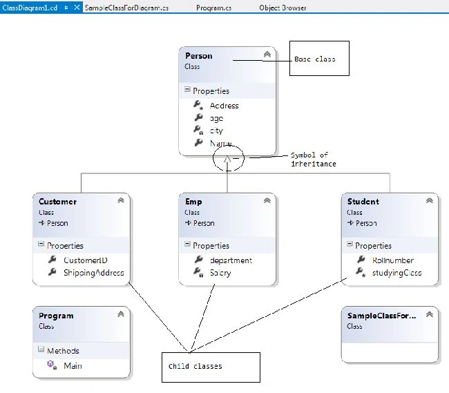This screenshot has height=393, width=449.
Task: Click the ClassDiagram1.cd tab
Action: click(30, 8)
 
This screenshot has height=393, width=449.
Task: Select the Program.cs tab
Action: click(213, 8)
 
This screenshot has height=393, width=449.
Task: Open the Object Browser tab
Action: click(283, 8)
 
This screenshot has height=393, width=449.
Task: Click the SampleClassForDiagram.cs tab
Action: click(126, 8)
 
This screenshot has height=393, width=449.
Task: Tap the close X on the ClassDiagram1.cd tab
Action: click(77, 8)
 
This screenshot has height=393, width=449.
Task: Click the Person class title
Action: click(199, 56)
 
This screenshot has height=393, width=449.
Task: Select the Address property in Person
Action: click(224, 106)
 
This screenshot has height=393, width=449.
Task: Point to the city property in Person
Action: click(216, 131)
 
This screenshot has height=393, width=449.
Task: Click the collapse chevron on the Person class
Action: click(267, 55)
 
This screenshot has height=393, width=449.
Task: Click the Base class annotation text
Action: click(315, 59)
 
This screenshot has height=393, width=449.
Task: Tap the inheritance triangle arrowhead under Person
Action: click(227, 159)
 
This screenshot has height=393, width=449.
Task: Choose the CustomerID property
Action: click(86, 260)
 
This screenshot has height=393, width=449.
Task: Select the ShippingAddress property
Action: click(94, 273)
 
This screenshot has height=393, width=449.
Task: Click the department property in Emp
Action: click(231, 260)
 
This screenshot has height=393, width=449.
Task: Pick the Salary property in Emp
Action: click(220, 273)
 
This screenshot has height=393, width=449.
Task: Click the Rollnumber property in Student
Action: click(393, 260)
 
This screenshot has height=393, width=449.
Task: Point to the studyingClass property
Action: click(397, 273)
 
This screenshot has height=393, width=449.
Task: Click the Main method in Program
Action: click(73, 366)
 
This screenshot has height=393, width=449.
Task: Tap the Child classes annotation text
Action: click(195, 366)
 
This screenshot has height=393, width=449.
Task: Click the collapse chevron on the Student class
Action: click(429, 201)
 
